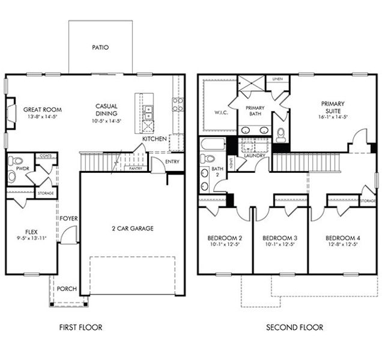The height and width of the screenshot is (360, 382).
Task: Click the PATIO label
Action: point(100,47)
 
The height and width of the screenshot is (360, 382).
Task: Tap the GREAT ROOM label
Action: point(43,110)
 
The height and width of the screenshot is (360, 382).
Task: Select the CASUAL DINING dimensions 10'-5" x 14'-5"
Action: point(106,121)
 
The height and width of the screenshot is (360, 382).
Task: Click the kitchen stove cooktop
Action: point(178,104)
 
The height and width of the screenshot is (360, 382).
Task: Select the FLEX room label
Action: point(31,232)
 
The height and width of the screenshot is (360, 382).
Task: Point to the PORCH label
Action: point(67,289)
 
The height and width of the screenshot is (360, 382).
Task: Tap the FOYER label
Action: point(69,218)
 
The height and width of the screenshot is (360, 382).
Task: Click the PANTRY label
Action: point(136,169)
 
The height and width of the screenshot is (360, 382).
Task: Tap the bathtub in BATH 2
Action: point(213,144)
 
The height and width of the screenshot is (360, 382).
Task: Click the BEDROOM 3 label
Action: point(280,237)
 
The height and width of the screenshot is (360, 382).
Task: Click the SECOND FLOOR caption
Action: point(294,328)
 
